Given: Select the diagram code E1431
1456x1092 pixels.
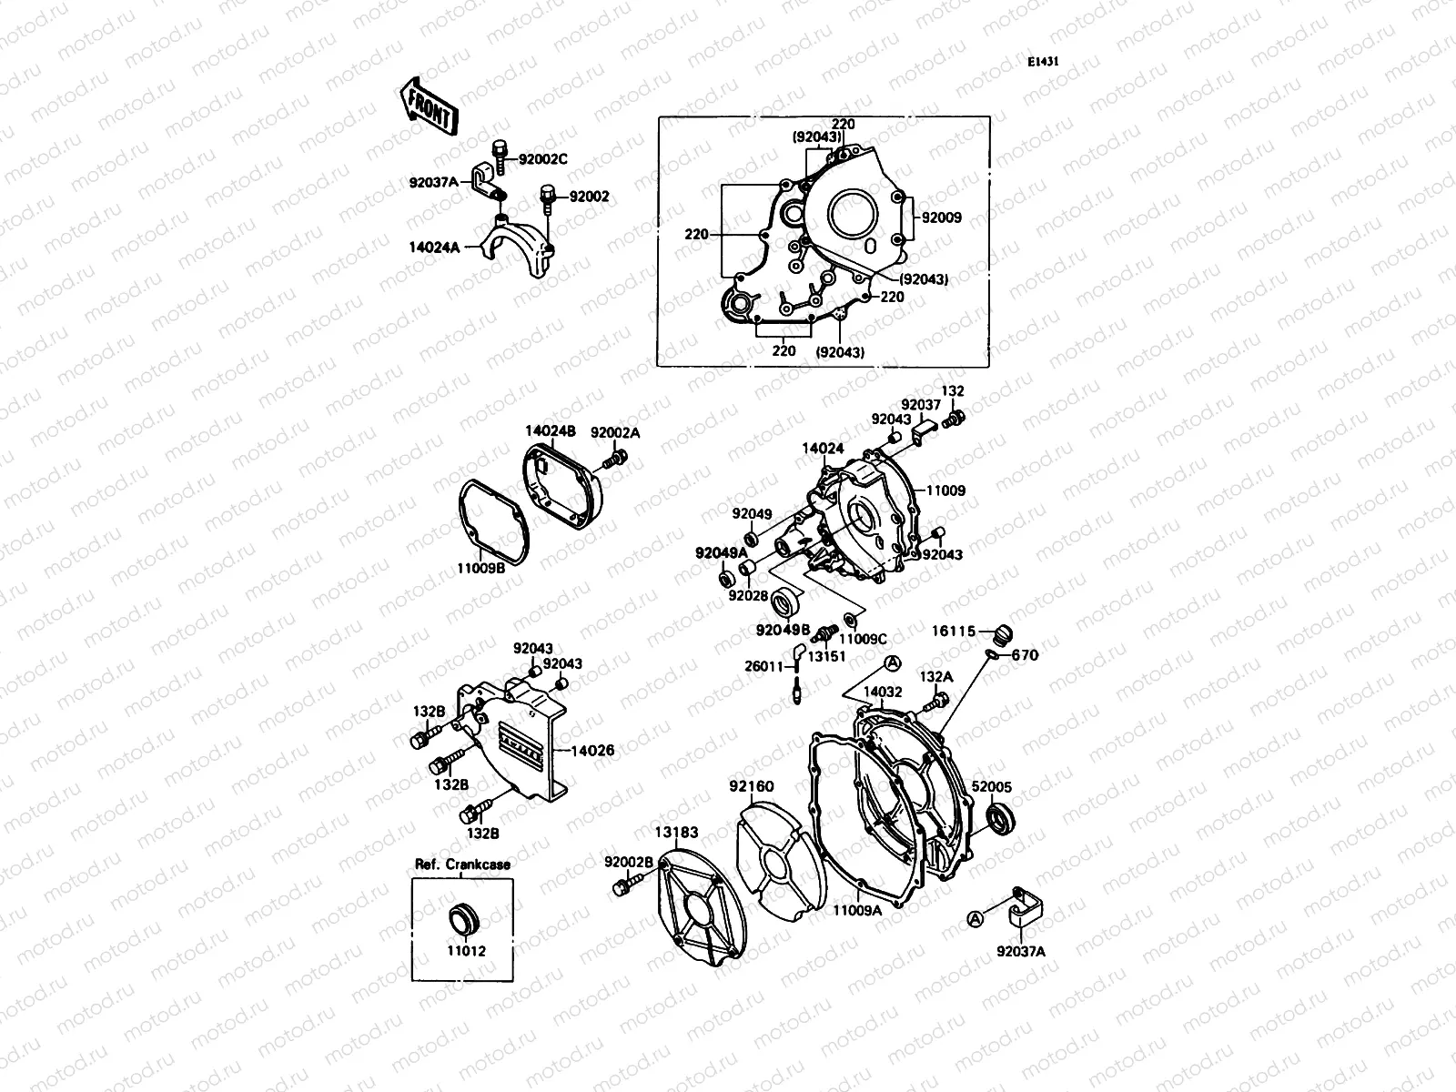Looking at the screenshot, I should tap(1044, 63).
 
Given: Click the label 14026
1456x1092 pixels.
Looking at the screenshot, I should tap(592, 751).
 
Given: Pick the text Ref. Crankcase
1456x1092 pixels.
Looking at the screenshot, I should tap(463, 864).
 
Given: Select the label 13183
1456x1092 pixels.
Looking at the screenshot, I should tap(676, 832).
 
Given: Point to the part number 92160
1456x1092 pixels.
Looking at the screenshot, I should tap(751, 785).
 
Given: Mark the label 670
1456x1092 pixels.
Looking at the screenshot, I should tap(1025, 655).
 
